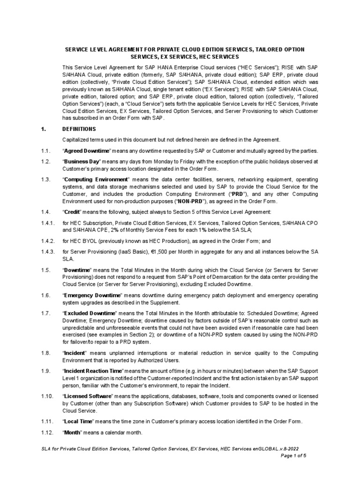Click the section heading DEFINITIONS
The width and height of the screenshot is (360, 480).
79,129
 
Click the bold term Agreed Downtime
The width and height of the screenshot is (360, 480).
87,150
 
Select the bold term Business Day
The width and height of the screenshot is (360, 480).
83,161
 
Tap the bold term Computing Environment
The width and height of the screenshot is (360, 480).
96,180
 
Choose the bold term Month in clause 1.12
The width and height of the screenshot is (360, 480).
73,432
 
